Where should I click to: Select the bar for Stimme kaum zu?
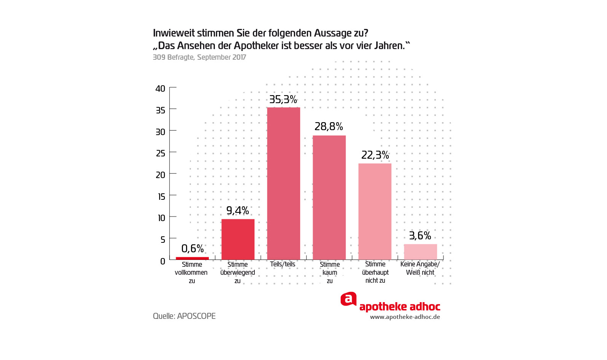pos(329,198)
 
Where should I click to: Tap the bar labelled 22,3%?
pos(375,212)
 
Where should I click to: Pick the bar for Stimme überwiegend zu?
pos(238,239)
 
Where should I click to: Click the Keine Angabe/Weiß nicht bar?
pos(420,252)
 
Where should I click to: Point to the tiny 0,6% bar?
pos(192,258)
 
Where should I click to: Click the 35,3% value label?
pos(283,100)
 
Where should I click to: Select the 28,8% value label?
pos(329,127)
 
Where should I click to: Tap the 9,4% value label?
pos(238,210)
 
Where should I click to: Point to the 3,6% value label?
pos(420,236)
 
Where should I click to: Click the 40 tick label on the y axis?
pos(160,89)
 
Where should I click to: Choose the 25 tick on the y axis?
pos(160,153)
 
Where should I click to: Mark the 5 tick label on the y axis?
pos(163,240)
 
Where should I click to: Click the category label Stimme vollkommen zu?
pos(192,272)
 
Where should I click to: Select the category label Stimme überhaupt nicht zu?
pos(375,272)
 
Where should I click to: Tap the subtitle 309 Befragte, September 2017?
pos(199,57)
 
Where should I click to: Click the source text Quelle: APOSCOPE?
pos(184,316)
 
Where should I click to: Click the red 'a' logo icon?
pos(348,299)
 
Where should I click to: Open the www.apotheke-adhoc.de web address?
pos(405,317)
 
